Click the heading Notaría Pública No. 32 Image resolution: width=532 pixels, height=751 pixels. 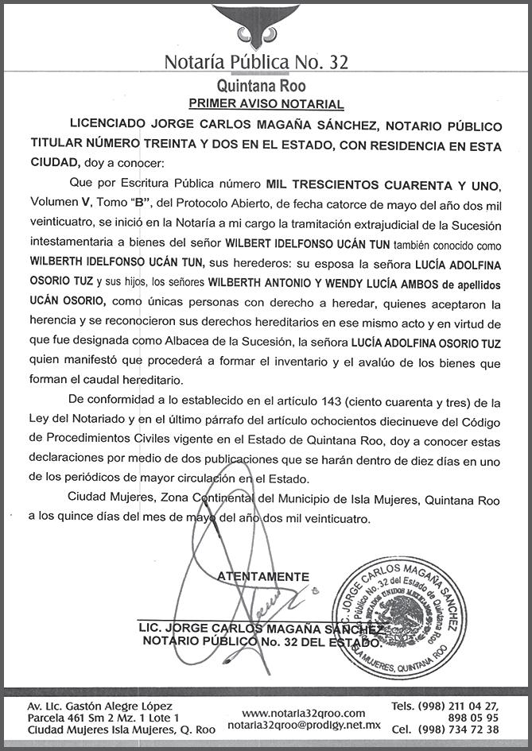pos(256,63)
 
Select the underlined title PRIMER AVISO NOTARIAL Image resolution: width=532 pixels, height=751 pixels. pos(266,104)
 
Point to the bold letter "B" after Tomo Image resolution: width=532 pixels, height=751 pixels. pos(134,203)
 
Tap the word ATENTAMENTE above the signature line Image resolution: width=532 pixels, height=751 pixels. pos(263,575)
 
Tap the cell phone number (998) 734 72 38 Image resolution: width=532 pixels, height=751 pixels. pos(460,730)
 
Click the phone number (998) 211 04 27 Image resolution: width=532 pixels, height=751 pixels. pos(460,706)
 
